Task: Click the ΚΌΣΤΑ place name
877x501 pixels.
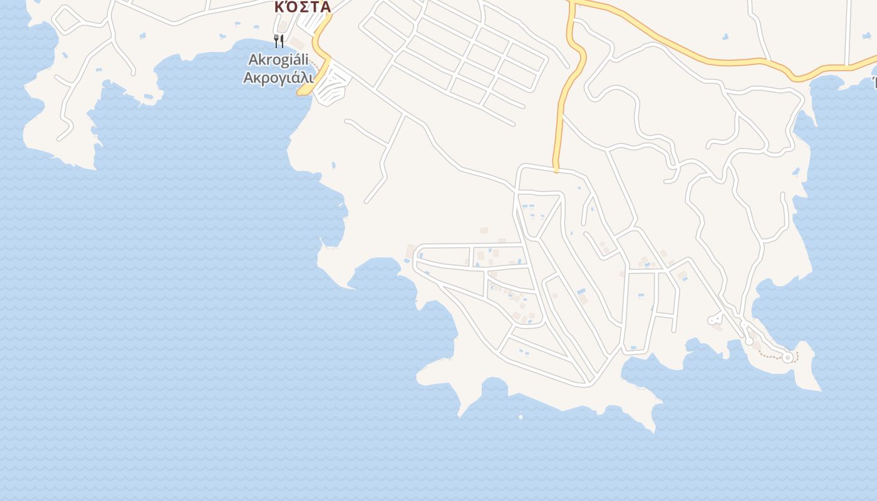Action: coord(303,7)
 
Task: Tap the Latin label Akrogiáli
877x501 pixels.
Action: coord(278,59)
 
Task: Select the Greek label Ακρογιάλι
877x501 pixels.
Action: coord(278,78)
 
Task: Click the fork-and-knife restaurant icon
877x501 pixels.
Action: coord(279,41)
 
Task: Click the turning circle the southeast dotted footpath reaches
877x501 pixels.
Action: coord(787,357)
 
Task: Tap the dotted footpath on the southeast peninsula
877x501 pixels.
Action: coord(771,356)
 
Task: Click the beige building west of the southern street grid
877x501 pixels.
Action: coord(410,251)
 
